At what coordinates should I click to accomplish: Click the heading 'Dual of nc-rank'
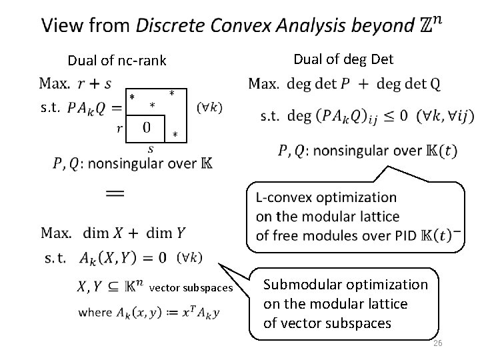(x=116, y=61)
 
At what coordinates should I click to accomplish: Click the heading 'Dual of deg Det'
(x=343, y=59)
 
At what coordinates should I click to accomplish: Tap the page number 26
(x=437, y=343)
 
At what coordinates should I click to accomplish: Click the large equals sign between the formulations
(x=115, y=192)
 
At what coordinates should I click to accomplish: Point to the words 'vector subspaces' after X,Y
(x=191, y=288)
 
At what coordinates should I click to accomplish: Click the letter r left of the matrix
(x=120, y=128)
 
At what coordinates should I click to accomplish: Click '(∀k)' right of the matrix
(x=211, y=107)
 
